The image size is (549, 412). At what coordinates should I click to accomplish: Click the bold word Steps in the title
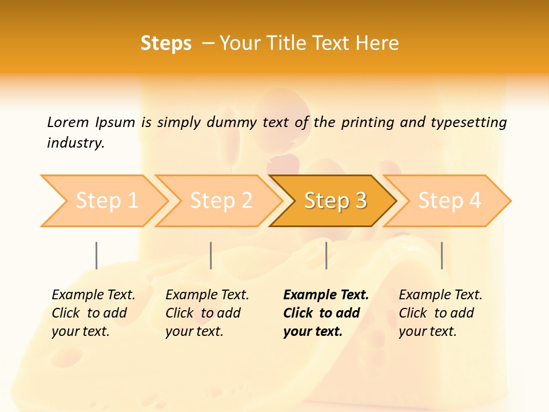166,43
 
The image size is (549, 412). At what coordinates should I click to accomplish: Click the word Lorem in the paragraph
67,122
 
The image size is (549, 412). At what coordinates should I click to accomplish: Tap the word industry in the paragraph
75,142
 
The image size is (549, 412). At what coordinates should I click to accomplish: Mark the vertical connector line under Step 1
97,255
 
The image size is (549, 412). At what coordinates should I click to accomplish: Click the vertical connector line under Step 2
211,255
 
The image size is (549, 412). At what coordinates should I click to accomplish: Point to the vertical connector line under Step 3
326,255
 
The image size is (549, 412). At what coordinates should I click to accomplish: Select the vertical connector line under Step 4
441,255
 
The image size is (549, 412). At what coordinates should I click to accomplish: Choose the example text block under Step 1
93,313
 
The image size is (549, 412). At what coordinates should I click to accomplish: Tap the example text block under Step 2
207,313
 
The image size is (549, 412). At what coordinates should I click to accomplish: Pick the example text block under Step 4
440,313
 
